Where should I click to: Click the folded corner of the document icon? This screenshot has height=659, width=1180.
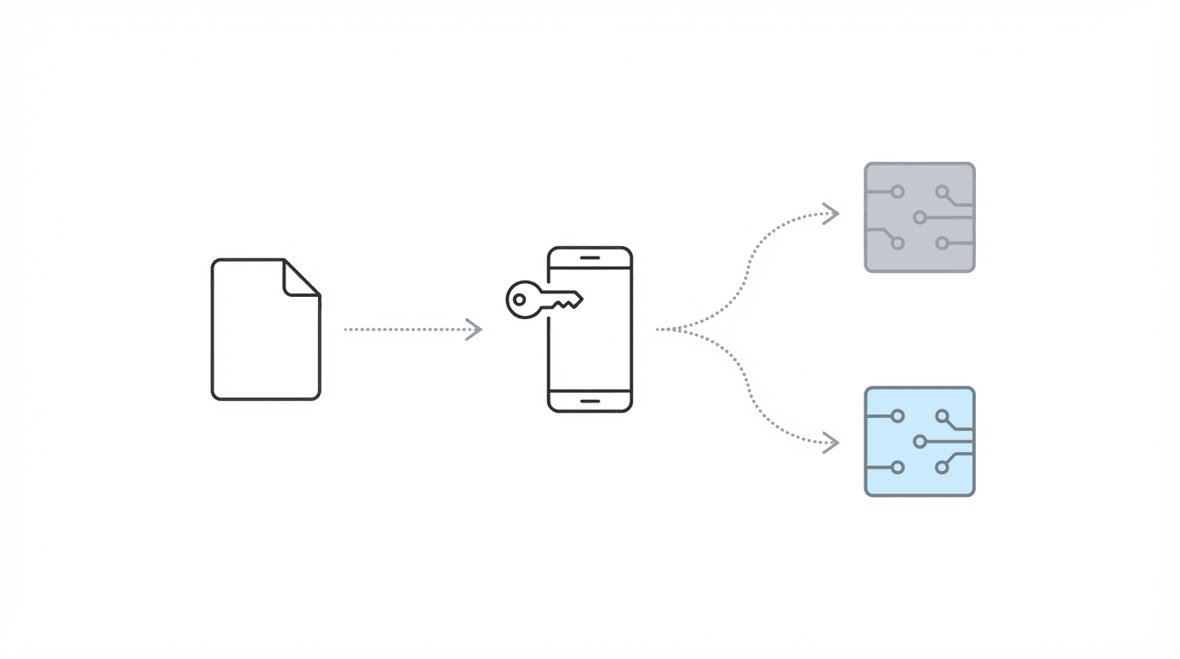click(301, 277)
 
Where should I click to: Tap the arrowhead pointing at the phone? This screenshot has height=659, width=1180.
click(474, 329)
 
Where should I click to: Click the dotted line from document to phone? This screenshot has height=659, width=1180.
click(403, 329)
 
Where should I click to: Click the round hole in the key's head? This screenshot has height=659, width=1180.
click(520, 299)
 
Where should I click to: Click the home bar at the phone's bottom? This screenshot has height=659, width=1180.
click(590, 401)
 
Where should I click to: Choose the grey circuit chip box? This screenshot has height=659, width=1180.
click(919, 217)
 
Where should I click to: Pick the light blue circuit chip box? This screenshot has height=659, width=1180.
click(919, 441)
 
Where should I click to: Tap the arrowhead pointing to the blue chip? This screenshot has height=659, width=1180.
click(830, 443)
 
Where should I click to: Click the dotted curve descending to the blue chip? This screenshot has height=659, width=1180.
click(755, 403)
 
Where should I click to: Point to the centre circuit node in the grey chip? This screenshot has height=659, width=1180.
click(919, 217)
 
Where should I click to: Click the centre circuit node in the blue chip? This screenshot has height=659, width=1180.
click(919, 441)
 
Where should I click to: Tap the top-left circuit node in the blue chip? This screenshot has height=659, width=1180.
click(897, 416)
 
